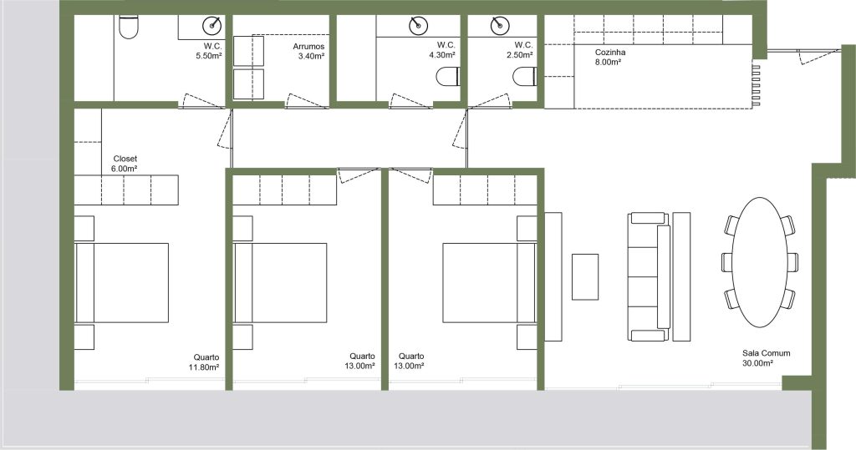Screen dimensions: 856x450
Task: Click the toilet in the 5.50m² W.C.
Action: [129, 28]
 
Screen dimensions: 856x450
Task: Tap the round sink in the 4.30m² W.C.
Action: [418, 25]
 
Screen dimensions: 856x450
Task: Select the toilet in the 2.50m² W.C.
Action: [525, 76]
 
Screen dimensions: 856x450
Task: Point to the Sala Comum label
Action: [766, 353]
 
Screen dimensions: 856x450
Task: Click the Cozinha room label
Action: [609, 53]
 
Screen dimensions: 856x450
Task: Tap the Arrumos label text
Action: [308, 47]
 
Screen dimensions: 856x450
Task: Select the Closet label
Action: [125, 159]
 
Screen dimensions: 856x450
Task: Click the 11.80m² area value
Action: [204, 367]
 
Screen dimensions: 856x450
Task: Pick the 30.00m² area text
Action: [757, 362]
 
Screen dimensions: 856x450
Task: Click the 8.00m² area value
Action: [608, 62]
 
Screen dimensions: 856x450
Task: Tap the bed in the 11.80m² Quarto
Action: [122, 282]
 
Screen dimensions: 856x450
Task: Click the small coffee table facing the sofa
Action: [584, 276]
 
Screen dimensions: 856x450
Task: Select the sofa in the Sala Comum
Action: [649, 276]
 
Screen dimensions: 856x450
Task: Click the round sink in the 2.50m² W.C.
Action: [500, 25]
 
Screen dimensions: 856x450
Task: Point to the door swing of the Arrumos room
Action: [307, 102]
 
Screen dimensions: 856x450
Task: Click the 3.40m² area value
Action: [312, 56]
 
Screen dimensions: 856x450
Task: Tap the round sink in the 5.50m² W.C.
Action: [212, 25]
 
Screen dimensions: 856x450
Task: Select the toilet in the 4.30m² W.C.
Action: [448, 76]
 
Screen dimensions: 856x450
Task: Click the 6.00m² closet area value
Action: [124, 169]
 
